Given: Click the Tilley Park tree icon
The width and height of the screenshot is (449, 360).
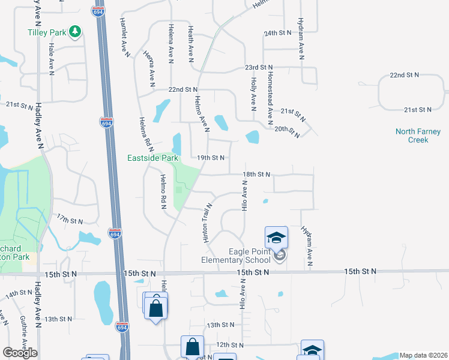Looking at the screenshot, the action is click(x=75, y=31).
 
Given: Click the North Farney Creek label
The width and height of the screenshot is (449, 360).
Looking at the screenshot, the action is click(x=418, y=136).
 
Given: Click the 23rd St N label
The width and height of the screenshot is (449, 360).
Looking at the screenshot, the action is click(x=258, y=68).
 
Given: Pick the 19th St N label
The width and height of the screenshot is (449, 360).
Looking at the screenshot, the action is click(x=211, y=158).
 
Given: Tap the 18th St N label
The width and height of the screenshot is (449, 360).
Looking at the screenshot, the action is click(x=256, y=174).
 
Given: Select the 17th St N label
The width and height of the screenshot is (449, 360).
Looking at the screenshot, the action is click(x=70, y=221).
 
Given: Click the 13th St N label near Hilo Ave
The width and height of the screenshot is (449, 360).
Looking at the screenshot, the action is click(x=220, y=325).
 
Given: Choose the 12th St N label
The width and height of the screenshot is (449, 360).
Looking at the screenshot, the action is click(x=230, y=345).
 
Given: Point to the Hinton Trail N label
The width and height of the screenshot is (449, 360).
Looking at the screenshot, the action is click(x=205, y=223).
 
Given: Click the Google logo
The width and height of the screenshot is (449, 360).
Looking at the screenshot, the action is click(x=20, y=353).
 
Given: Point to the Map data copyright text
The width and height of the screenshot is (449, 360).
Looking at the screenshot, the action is click(x=423, y=355).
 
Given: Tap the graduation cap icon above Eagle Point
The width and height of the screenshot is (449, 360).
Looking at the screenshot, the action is click(x=277, y=237).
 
